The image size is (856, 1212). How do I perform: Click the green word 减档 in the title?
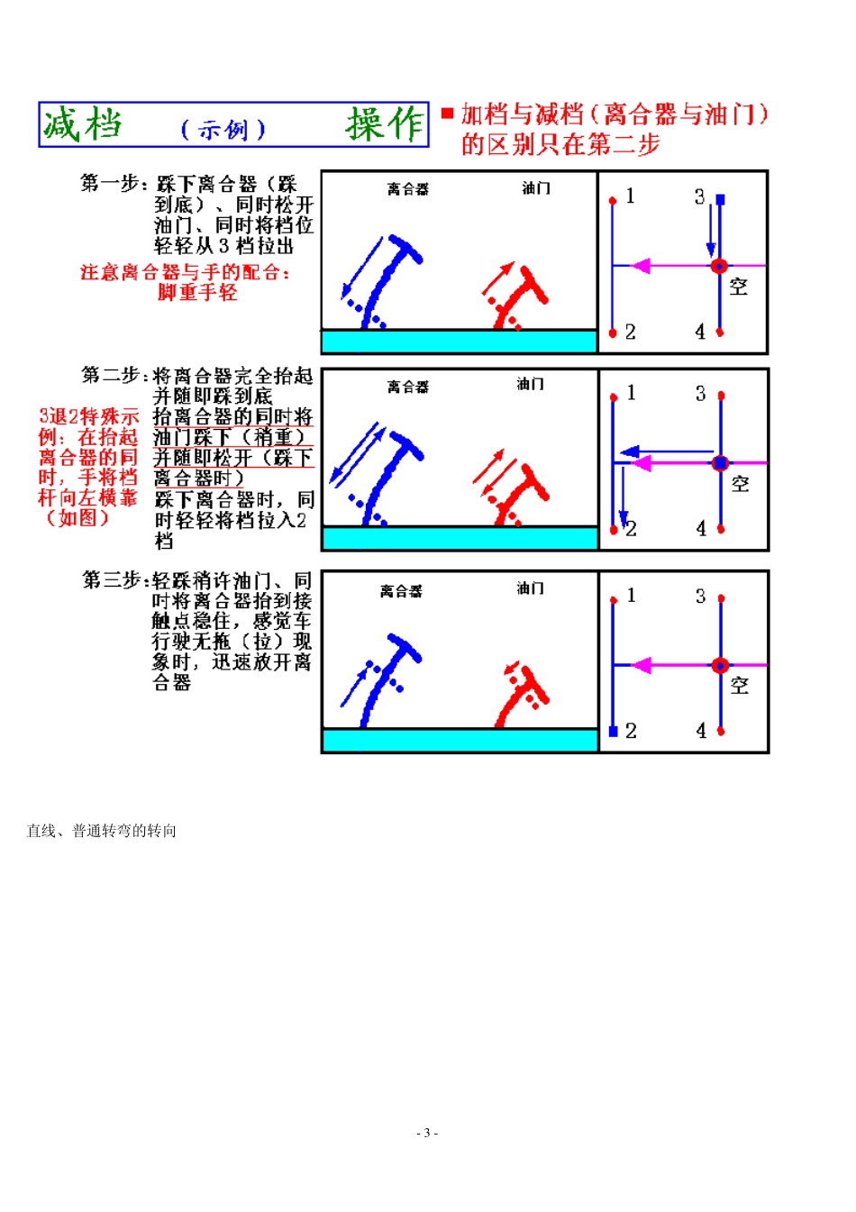82,124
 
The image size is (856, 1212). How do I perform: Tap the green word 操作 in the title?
385,124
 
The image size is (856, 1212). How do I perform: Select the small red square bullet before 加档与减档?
447,114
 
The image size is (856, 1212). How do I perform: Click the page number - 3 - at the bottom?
427,1133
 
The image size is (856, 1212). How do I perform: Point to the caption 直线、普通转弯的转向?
101,831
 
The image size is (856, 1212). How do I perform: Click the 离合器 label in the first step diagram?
407,189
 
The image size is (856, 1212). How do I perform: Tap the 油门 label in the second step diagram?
530,385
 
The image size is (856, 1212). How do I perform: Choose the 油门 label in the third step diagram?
530,588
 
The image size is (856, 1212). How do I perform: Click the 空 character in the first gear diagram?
738,287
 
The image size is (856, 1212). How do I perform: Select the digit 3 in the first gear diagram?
699,197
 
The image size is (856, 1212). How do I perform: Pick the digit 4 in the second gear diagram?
701,529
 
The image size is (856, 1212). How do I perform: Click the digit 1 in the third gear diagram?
631,596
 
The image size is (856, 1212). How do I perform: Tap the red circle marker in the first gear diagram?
719,266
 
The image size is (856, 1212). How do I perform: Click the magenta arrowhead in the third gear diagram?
641,666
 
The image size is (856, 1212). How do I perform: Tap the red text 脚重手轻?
197,293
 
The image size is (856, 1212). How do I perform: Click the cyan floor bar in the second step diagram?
460,538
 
